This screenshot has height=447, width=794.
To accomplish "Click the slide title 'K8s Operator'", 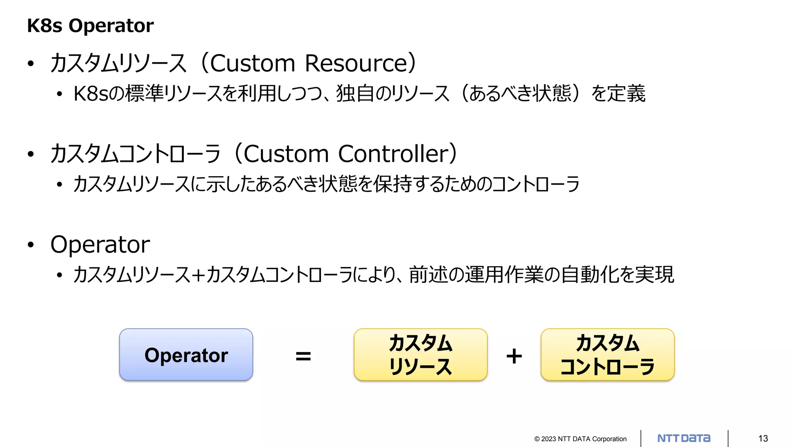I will click(90, 26).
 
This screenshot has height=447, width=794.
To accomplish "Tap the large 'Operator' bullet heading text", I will click(100, 245).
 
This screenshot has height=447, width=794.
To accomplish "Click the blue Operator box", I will click(186, 355).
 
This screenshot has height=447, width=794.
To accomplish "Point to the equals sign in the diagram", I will click(303, 356).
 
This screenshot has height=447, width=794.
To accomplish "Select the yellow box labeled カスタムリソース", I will click(420, 355).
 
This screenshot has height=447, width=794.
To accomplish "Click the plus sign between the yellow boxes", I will click(514, 356).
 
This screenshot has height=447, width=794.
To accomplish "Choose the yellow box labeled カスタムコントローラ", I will click(608, 355).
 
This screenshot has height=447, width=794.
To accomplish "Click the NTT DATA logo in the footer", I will click(684, 438).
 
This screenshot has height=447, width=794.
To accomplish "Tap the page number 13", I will click(763, 438).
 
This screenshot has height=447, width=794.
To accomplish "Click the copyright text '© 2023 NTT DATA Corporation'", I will click(580, 439).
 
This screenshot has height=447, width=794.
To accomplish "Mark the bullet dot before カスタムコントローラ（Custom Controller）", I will click(31, 154).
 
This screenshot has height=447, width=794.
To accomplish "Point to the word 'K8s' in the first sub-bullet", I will click(91, 94).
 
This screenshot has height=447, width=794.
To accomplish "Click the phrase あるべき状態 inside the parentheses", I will click(520, 94).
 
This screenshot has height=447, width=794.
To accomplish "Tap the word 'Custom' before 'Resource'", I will click(252, 63).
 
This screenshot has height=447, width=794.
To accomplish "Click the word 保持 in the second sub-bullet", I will click(392, 184).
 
